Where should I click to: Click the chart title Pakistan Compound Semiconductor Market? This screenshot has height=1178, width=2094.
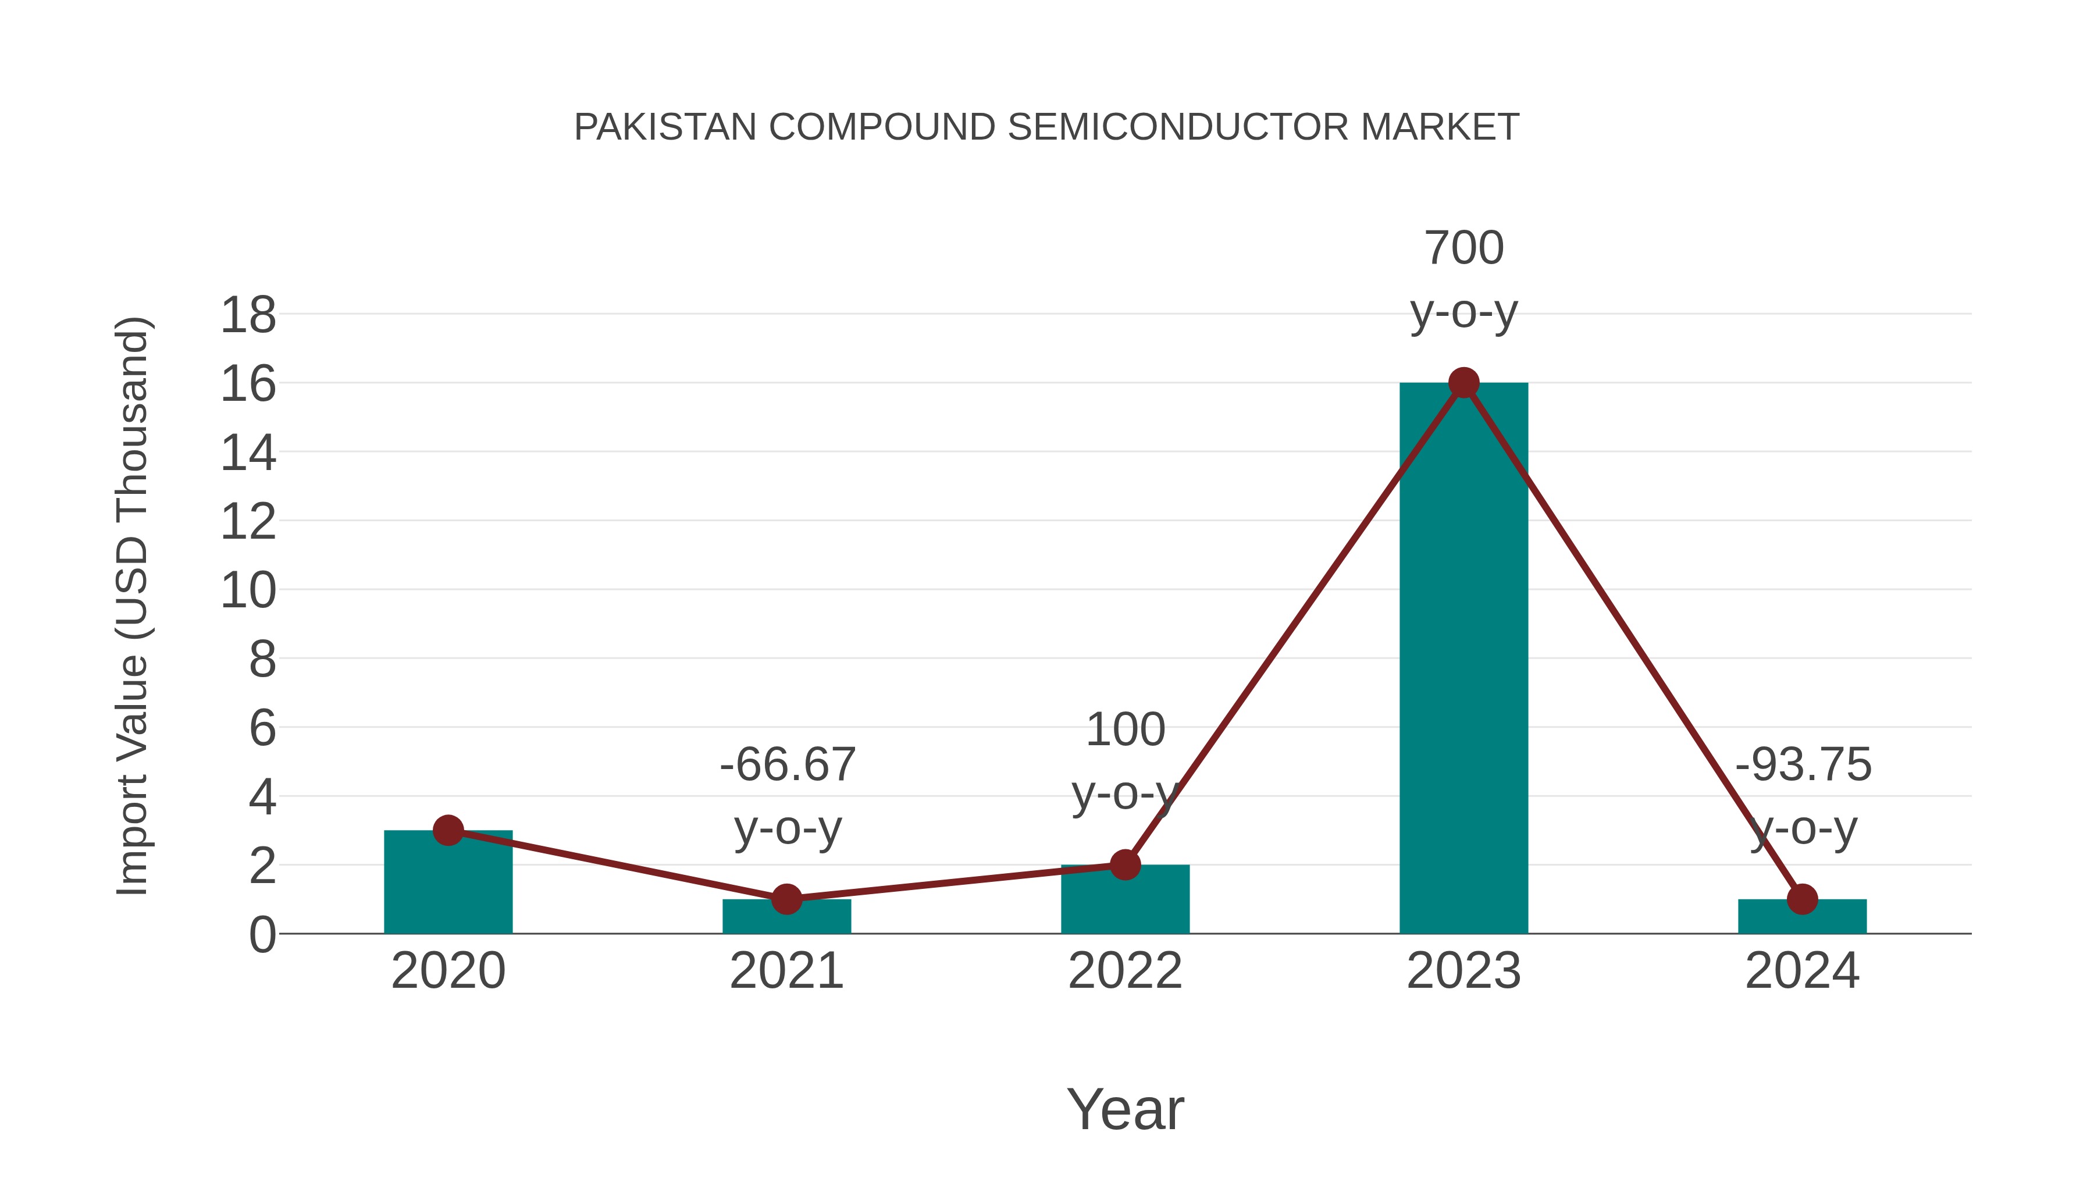[1046, 127]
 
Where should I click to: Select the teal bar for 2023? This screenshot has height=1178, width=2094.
[1463, 667]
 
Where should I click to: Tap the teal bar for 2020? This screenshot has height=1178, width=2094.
[448, 886]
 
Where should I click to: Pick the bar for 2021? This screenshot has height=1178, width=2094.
[786, 919]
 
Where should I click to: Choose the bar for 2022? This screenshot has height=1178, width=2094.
[1125, 902]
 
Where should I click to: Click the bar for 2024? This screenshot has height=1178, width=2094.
[1802, 919]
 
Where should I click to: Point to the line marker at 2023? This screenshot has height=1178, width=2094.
[1463, 382]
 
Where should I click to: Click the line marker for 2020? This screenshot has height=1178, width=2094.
[448, 830]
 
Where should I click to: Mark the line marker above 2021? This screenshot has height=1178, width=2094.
[786, 899]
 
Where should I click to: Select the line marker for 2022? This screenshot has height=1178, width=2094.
[1125, 865]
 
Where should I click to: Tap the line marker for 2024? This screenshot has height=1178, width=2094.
[1802, 899]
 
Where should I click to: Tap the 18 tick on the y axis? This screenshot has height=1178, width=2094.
[248, 315]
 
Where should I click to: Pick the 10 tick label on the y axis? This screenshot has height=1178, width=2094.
[248, 591]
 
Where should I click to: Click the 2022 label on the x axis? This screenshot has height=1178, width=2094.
[1125, 971]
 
